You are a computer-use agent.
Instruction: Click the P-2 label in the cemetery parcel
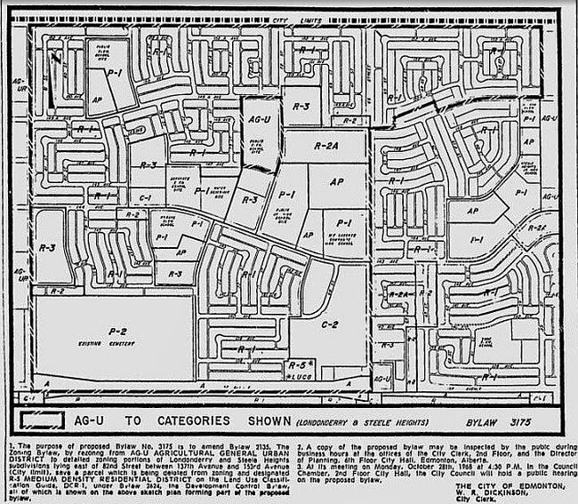pyautogui.click(x=116, y=331)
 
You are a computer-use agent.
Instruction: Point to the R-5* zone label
pyautogui.click(x=301, y=366)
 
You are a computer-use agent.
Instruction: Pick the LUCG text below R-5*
pyautogui.click(x=301, y=377)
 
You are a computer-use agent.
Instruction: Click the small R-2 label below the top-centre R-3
pyautogui.click(x=349, y=121)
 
